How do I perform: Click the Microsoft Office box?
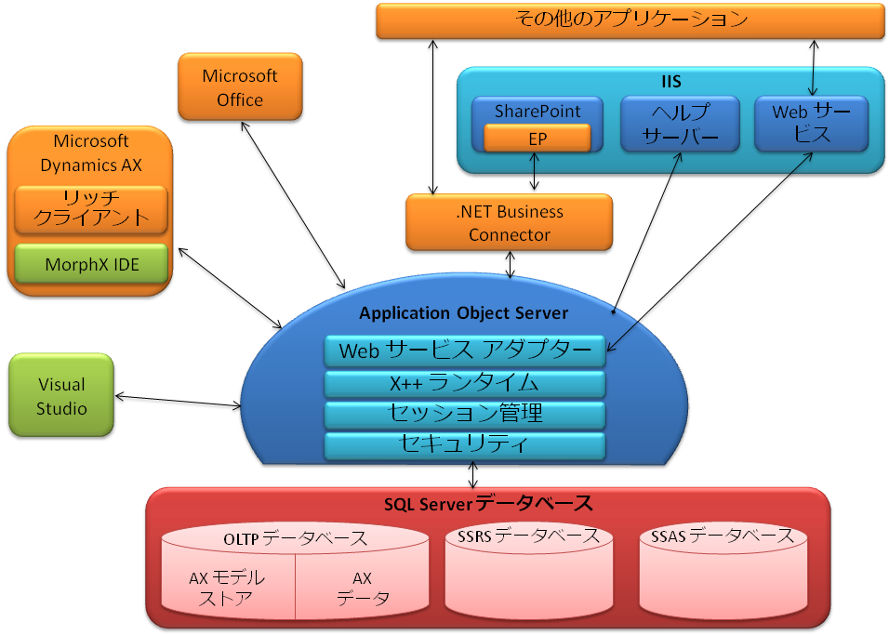pyautogui.click(x=240, y=86)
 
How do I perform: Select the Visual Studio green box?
pyautogui.click(x=61, y=396)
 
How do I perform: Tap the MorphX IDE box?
pyautogui.click(x=92, y=264)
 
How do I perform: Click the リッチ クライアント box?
pyautogui.click(x=91, y=209)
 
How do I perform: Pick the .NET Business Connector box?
pyautogui.click(x=509, y=223)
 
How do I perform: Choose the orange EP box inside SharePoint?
pyautogui.click(x=537, y=139)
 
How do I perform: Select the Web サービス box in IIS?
pyautogui.click(x=811, y=124)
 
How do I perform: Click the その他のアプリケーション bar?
pyautogui.click(x=630, y=20)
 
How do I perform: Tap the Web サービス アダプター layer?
pyautogui.click(x=465, y=351)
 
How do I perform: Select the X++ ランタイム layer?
pyautogui.click(x=465, y=382)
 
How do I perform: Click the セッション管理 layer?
pyautogui.click(x=465, y=413)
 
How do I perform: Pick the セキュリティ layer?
pyautogui.click(x=465, y=443)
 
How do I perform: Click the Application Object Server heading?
pyautogui.click(x=463, y=312)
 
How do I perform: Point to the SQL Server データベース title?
pyautogui.click(x=488, y=504)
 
